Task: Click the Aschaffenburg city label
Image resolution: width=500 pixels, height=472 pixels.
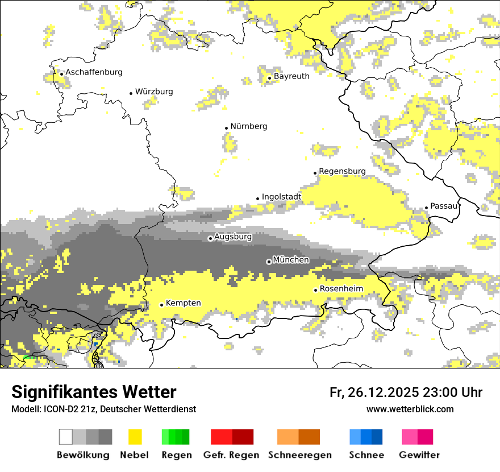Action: point(94,72)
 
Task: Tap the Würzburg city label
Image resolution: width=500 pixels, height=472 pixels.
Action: point(154,92)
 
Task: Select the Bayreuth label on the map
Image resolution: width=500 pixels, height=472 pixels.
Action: point(291,76)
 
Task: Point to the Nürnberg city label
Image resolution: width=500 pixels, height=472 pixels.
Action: point(249,126)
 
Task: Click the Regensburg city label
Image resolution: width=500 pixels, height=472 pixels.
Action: point(342,171)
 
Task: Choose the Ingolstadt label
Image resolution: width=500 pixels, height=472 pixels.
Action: point(281,197)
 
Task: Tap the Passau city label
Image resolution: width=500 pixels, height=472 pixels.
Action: point(444,206)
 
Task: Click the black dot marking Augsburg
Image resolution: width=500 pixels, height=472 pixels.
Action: point(210,238)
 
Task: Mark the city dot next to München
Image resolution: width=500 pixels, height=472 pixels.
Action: point(269,262)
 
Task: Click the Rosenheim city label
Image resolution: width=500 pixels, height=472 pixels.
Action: point(341,289)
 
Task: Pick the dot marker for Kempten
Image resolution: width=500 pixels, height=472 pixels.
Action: point(161,305)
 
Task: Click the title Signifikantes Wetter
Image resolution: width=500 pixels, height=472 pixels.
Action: point(94,392)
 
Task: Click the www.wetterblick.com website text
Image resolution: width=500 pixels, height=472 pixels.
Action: point(410,409)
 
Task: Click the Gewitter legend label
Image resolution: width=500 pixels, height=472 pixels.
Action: point(419,455)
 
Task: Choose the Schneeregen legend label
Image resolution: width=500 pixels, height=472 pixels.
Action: point(299,455)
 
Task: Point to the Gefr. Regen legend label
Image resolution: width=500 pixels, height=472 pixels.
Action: point(231,455)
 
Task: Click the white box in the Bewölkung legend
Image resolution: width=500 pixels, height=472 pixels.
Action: point(66,437)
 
